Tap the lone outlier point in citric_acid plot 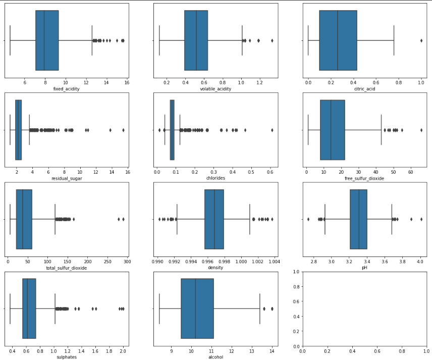[421, 40]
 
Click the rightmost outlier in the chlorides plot [272, 130]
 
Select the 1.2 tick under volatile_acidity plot [258, 83]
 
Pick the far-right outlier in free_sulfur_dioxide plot [421, 130]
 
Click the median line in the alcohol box [195, 308]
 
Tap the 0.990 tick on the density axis [158, 262]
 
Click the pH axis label [364, 268]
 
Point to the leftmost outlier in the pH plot [308, 219]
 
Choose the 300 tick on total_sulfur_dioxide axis [127, 262]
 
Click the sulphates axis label [67, 357]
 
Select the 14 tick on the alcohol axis [272, 351]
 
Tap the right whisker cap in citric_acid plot [394, 40]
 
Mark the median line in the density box [214, 219]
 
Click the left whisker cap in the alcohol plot [159, 308]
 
